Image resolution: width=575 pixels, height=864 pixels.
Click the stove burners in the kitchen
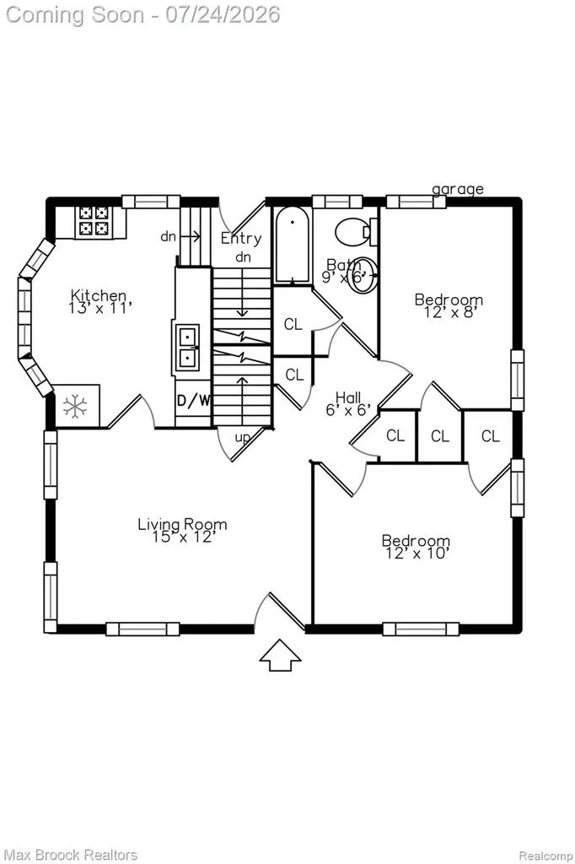pyautogui.click(x=94, y=221)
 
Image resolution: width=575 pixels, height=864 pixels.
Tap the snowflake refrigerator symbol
pyautogui.click(x=75, y=407)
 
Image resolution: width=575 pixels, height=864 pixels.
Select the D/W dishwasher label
pyautogui.click(x=193, y=401)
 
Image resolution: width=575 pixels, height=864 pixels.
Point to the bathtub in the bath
pyautogui.click(x=292, y=245)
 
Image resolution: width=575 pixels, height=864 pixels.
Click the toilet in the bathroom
pyautogui.click(x=355, y=231)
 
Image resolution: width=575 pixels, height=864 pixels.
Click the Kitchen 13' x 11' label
pyautogui.click(x=99, y=301)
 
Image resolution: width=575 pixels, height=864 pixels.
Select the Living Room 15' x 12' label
pyautogui.click(x=182, y=530)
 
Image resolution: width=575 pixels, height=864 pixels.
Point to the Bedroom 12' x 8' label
pyautogui.click(x=449, y=305)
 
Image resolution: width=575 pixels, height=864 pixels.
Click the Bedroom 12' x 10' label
pyautogui.click(x=416, y=547)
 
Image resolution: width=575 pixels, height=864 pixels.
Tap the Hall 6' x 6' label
pyautogui.click(x=348, y=402)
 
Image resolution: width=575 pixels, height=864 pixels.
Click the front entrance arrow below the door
pyautogui.click(x=281, y=655)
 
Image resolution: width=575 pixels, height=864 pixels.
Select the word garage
pyautogui.click(x=458, y=189)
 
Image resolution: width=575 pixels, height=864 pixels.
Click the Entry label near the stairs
pyautogui.click(x=241, y=238)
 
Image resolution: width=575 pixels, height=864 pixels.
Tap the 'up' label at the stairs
pyautogui.click(x=242, y=438)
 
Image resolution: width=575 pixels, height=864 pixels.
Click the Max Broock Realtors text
pyautogui.click(x=71, y=855)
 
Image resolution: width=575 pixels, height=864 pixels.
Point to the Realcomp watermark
pyautogui.click(x=545, y=856)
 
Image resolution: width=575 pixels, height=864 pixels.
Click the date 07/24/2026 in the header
pyautogui.click(x=223, y=14)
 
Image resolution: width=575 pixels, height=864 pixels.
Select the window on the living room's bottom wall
pyautogui.click(x=143, y=629)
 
